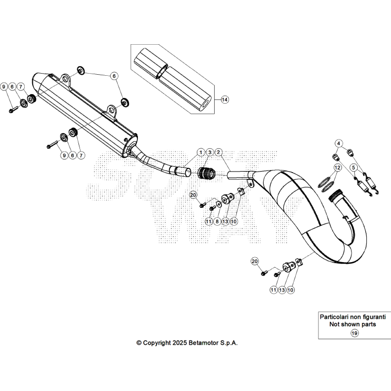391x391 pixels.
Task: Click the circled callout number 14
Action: (x=225, y=99)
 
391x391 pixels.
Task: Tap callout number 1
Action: (x=200, y=152)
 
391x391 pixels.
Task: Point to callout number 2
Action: (x=218, y=152)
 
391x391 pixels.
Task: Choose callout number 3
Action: (x=209, y=152)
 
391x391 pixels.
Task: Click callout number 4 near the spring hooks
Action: (x=339, y=143)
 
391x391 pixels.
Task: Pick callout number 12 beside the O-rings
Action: (x=337, y=167)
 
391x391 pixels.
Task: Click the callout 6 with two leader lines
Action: (x=113, y=76)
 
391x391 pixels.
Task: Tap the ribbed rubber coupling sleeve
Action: (x=207, y=173)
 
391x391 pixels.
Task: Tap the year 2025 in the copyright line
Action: (x=182, y=343)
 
